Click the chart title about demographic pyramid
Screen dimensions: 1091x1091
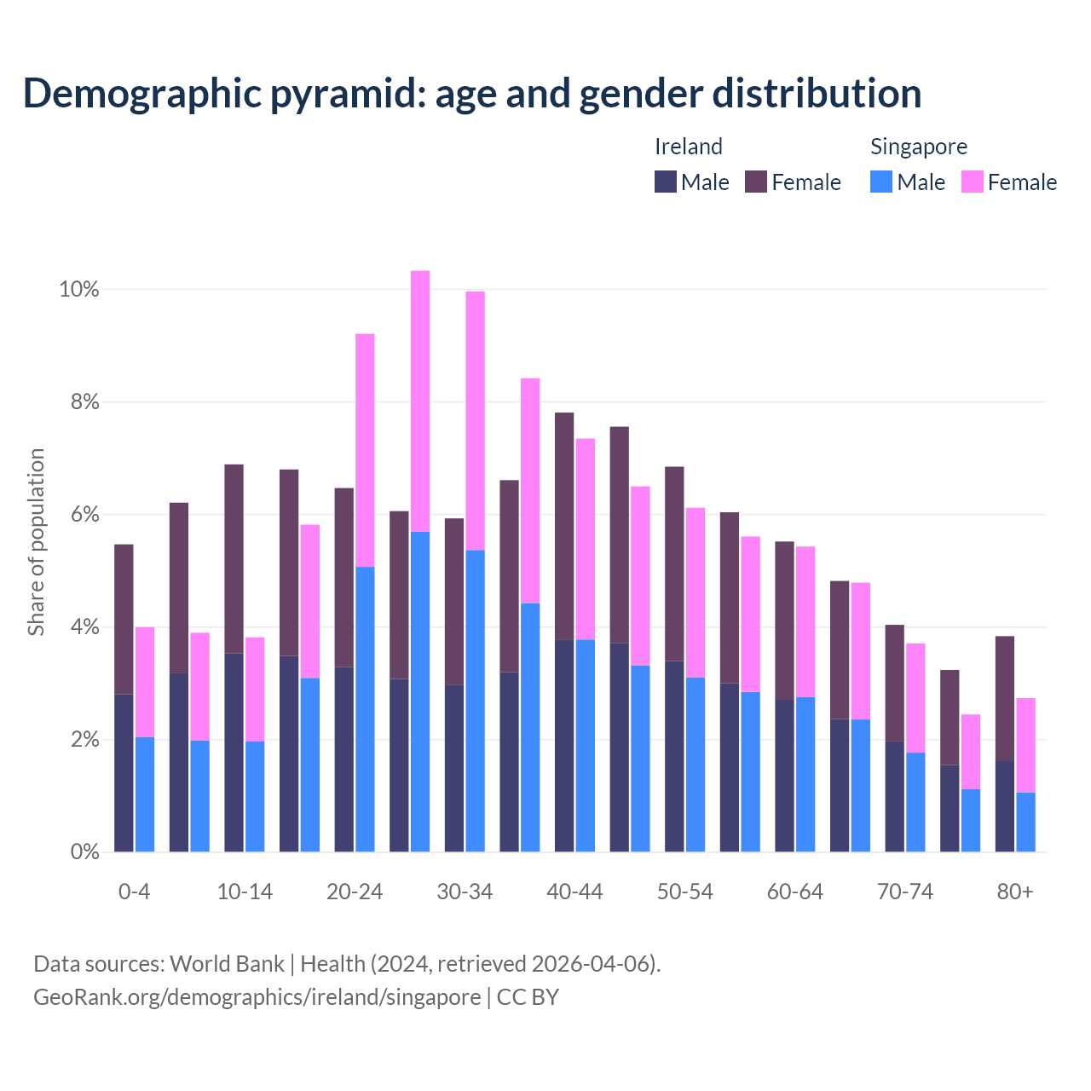472,94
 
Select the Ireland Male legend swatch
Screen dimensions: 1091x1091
666,182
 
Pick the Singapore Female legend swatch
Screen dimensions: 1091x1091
973,182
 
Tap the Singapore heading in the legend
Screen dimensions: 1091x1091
918,147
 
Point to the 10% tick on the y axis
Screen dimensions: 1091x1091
78,290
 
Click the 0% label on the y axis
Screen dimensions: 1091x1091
84,851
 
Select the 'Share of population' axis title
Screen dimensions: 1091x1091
36,542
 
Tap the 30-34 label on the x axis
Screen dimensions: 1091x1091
465,892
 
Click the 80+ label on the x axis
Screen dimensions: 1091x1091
1015,892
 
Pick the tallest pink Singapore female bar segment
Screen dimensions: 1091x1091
420,401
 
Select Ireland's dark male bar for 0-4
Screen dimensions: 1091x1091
124,772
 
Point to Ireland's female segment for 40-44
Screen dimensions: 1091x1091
564,526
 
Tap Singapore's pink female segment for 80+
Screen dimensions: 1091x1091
1026,745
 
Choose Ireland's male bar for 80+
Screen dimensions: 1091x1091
1005,806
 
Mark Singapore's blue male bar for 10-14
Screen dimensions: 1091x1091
255,796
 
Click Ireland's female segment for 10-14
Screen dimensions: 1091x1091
234,558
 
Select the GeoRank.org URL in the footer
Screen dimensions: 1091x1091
257,996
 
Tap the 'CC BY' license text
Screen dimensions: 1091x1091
528,996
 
